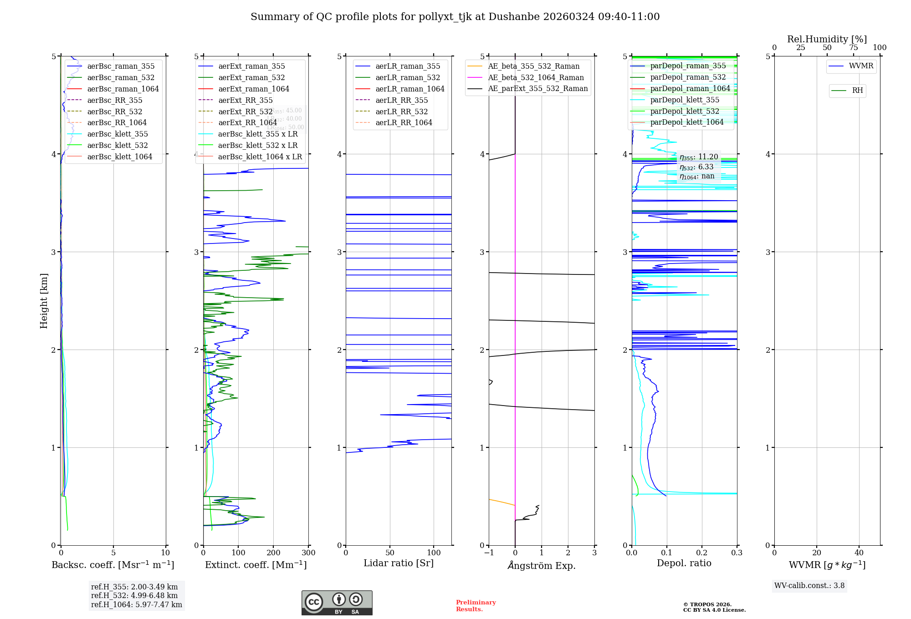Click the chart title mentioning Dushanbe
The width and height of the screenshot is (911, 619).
(x=455, y=17)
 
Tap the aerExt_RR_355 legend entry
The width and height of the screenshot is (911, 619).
(x=245, y=101)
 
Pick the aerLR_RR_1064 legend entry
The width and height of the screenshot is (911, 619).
(x=404, y=123)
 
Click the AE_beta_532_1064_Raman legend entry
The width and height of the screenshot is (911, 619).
(x=536, y=78)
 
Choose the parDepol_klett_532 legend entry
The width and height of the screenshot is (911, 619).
(x=684, y=112)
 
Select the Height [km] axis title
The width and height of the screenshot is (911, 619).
(x=44, y=300)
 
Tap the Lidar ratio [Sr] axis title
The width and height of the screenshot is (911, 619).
(x=399, y=563)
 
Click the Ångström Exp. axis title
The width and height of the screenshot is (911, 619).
(x=542, y=565)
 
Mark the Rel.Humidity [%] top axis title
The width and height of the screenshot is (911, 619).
(x=827, y=39)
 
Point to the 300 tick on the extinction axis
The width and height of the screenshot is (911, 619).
(x=309, y=553)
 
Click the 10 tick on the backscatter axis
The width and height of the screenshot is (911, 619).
(x=165, y=553)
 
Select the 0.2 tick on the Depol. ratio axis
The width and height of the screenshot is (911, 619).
(x=702, y=553)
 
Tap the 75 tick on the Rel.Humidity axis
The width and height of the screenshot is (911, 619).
(x=854, y=48)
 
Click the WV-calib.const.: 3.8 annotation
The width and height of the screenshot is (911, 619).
(x=809, y=586)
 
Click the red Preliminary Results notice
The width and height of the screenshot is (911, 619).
(x=476, y=606)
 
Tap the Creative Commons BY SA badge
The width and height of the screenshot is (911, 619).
(x=337, y=603)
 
